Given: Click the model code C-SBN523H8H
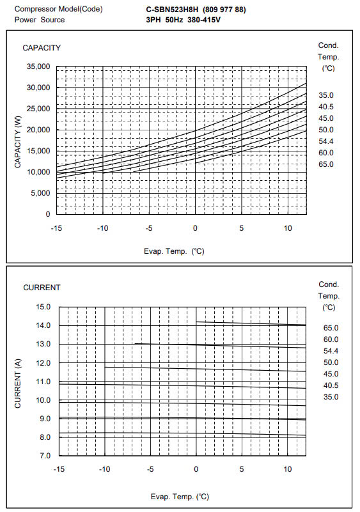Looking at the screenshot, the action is (172, 10).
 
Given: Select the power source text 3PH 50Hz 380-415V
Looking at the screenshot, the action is (183, 20).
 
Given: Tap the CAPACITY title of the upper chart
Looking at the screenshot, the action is (42, 48).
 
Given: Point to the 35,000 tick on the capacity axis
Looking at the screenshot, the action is (38, 66).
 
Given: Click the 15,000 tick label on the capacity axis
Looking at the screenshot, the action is (38, 151).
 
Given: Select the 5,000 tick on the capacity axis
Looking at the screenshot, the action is (40, 193).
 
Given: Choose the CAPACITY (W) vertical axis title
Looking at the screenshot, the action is (18, 142).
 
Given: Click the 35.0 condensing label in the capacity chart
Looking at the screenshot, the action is (326, 95).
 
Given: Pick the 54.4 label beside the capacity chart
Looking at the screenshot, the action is (326, 141).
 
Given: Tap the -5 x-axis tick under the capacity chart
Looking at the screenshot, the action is (149, 228).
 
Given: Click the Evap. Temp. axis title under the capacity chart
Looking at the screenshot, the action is (174, 251).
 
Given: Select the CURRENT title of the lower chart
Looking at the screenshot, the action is (42, 288).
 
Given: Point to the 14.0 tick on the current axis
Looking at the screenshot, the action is (43, 325).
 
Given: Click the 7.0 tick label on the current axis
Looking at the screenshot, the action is (45, 456).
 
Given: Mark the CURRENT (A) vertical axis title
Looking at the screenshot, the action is (18, 384).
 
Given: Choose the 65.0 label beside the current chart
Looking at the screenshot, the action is (331, 328).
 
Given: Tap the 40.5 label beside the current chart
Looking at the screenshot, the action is (331, 385).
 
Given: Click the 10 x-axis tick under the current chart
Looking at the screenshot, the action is (288, 469).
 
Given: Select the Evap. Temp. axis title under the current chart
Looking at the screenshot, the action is (180, 497).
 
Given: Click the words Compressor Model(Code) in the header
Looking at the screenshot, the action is (58, 10).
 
